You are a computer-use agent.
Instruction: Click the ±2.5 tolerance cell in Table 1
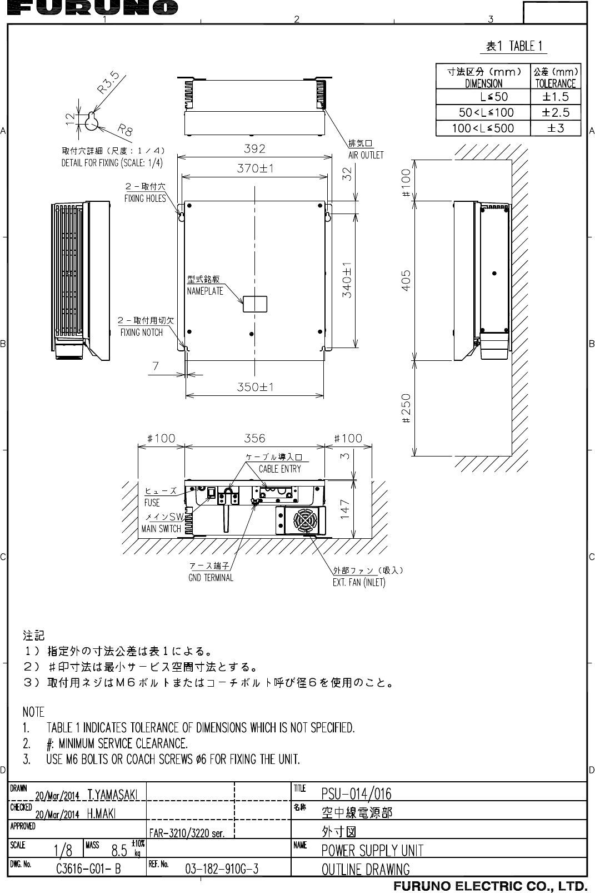(556, 112)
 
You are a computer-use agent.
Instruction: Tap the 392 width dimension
(255, 148)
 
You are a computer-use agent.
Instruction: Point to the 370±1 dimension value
(255, 168)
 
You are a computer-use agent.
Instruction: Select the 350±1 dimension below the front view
(255, 387)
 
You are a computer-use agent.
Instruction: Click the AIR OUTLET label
(366, 155)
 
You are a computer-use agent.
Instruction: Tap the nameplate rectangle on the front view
(255, 304)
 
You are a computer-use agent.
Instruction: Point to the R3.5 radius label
(110, 82)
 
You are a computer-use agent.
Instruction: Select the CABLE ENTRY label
(279, 469)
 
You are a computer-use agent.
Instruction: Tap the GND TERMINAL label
(211, 578)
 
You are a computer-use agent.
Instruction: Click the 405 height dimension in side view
(407, 281)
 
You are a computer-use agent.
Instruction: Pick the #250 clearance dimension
(407, 409)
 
